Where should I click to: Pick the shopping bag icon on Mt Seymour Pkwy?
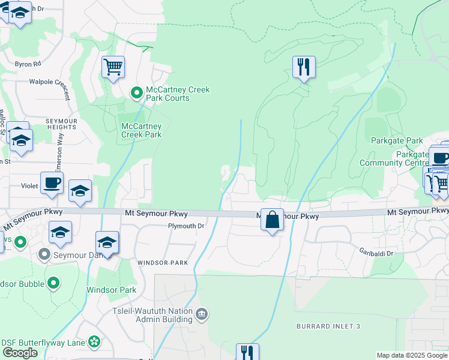click(x=272, y=219)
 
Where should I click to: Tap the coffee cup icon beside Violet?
click(x=52, y=182)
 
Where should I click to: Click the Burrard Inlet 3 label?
click(x=328, y=326)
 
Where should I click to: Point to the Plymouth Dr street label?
click(x=186, y=226)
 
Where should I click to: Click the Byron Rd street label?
click(x=28, y=64)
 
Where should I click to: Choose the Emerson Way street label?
click(x=59, y=150)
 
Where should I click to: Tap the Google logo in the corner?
click(x=20, y=353)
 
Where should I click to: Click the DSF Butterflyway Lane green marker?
click(x=94, y=342)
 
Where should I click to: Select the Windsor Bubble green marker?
click(x=53, y=282)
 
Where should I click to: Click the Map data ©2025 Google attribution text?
click(x=412, y=355)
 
